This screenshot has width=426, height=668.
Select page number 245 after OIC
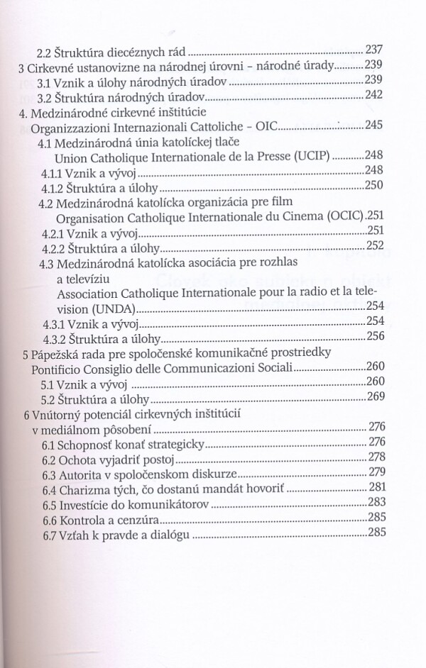click(x=374, y=126)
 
